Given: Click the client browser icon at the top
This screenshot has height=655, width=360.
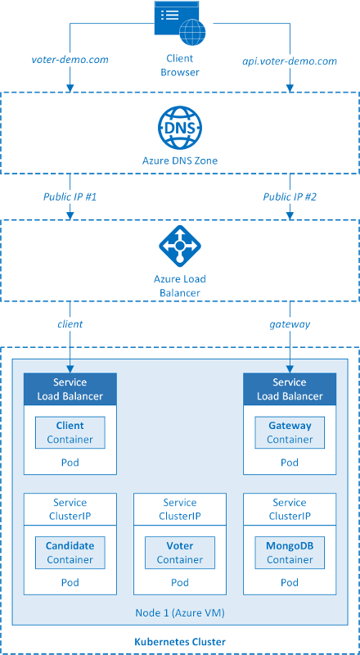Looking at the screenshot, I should [180, 22].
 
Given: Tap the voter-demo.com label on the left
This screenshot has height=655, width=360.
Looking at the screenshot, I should [70, 61].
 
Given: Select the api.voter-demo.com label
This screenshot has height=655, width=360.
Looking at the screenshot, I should [290, 61].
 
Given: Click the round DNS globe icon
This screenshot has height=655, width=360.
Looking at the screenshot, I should [180, 128].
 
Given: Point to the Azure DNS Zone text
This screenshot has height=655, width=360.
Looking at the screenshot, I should [180, 161].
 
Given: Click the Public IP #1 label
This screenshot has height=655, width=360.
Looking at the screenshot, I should [70, 196].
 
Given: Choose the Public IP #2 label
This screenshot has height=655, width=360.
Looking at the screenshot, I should [290, 196].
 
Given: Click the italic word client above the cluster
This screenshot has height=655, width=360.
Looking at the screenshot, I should [70, 324].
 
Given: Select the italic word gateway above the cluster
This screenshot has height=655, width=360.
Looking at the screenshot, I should [290, 324].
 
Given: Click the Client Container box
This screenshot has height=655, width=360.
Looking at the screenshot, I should [70, 432].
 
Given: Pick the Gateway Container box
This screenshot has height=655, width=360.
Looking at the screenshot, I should [290, 432].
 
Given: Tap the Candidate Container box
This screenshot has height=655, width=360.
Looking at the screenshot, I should [70, 553].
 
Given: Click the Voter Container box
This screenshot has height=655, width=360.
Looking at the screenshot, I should [180, 553].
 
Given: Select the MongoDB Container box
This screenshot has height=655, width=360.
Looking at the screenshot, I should [290, 553].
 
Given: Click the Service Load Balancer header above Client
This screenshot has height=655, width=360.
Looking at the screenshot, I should [70, 389].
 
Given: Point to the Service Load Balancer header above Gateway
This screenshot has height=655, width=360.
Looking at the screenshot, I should [290, 389].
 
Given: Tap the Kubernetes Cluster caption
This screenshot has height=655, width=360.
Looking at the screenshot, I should [180, 641].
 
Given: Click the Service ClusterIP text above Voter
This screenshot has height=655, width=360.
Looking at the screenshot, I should [180, 509].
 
